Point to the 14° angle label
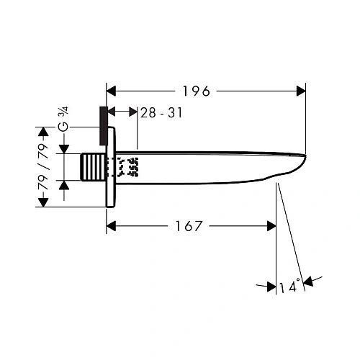click(x=288, y=287)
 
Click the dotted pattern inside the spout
click(x=127, y=168)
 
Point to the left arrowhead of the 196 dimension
click(x=112, y=91)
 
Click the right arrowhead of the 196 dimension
click(x=301, y=91)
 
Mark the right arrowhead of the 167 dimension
click(x=271, y=226)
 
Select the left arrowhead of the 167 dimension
click(x=112, y=226)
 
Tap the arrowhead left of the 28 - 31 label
click(x=132, y=112)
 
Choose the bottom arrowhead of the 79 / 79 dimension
click(x=42, y=202)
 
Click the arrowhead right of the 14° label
click(x=307, y=281)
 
